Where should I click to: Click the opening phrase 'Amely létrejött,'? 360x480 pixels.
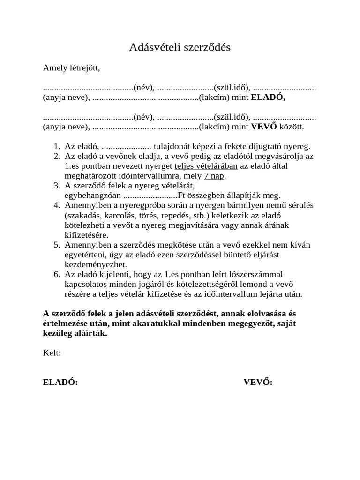tap(71, 68)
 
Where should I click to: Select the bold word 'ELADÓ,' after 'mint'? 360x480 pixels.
tap(268, 97)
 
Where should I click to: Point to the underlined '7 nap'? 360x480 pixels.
tap(215, 176)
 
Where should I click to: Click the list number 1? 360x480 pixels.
tap(56, 146)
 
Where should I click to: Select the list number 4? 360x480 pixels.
tap(56, 205)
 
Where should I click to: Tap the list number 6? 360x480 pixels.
tap(56, 274)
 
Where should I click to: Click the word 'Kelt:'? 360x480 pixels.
tap(52, 352)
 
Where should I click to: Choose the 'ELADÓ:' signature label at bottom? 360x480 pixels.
tap(60, 382)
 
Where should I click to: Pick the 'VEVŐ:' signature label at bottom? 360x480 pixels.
tap(258, 382)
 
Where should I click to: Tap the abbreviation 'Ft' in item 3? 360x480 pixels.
tap(183, 195)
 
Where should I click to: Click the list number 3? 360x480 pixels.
tap(56, 186)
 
